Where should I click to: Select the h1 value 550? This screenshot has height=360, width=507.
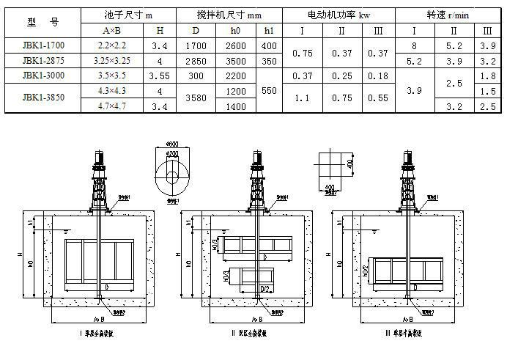tap(269, 90)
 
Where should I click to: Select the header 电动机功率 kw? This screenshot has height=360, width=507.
tap(339, 15)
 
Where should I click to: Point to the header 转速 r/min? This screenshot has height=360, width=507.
tap(449, 15)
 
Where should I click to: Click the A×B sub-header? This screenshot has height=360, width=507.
tap(117, 31)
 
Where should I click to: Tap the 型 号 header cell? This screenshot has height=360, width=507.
tap(42, 23)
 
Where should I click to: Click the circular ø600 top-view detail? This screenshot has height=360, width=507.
tap(173, 177)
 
